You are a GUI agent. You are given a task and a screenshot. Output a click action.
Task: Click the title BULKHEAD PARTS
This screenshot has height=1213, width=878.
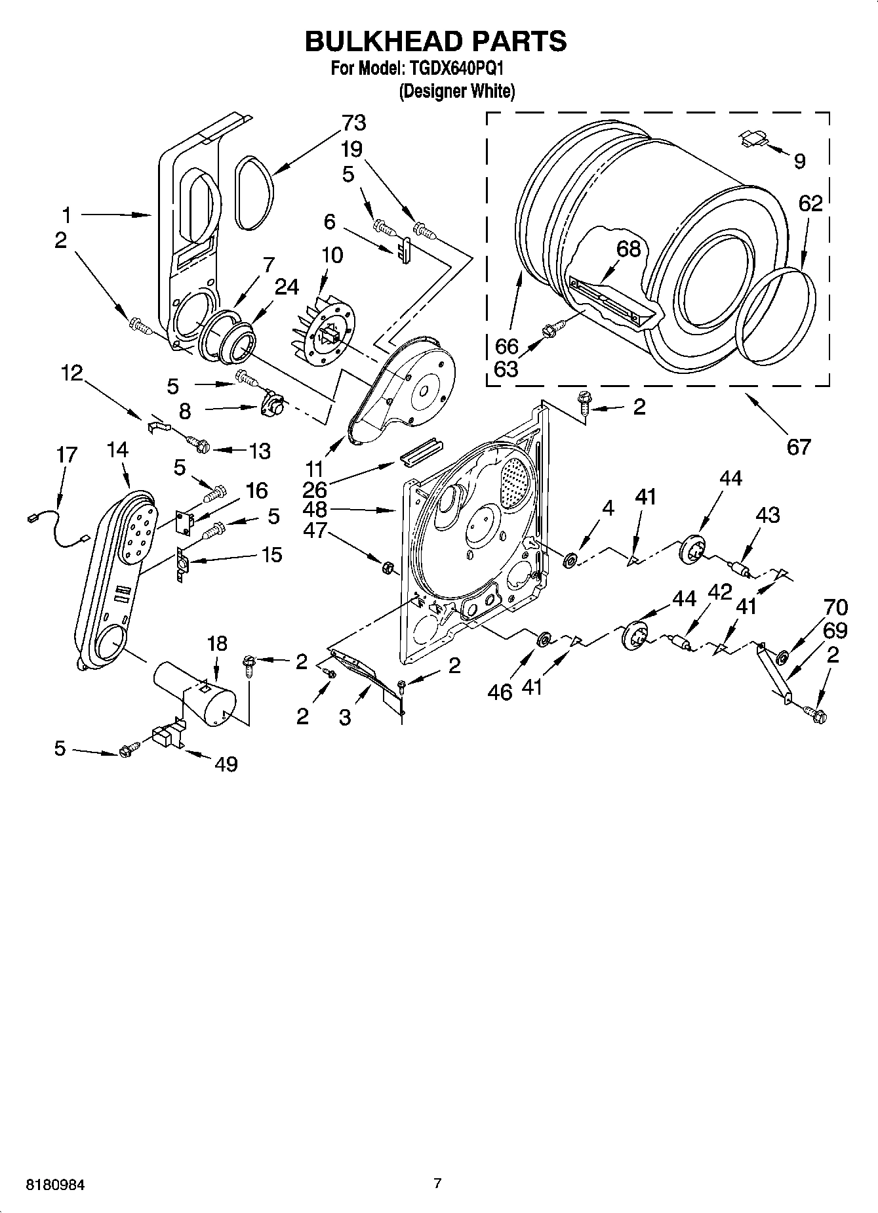(435, 41)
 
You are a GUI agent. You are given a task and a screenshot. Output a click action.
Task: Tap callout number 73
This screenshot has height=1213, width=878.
(353, 123)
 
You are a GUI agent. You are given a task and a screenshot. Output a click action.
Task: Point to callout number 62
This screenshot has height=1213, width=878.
(810, 203)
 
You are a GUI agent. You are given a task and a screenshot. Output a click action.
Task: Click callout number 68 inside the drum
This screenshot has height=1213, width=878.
(628, 249)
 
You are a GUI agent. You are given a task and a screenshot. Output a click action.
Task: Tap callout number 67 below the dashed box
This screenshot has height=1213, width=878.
(798, 447)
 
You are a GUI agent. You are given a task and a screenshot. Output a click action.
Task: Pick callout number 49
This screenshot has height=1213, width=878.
(226, 764)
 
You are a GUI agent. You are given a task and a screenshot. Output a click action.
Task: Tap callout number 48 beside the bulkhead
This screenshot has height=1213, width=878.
(316, 509)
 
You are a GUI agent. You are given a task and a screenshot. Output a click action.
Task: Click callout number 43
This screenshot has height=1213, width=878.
(768, 515)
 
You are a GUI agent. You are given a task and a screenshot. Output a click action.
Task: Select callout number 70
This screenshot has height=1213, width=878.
(835, 607)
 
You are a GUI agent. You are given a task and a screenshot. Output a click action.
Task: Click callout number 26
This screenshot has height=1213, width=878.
(315, 489)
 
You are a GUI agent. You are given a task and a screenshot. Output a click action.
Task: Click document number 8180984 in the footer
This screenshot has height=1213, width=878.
(54, 1185)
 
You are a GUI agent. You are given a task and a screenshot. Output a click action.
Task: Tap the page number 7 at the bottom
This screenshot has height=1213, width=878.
(437, 1183)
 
